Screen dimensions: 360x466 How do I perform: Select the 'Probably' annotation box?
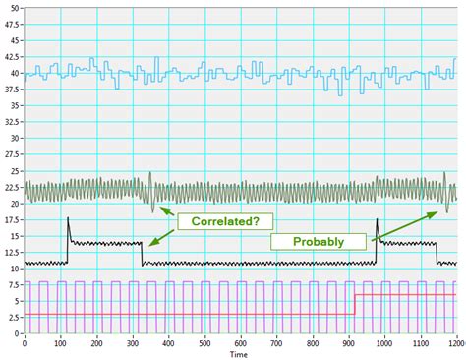[317, 240]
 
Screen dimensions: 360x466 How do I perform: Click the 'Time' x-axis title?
[239, 353]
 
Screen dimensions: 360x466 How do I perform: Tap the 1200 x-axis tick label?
[455, 341]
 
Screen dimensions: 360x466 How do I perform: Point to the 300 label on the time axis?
[133, 341]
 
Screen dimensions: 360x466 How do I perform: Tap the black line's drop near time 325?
[142, 253]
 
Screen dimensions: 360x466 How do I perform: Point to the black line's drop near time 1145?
[437, 253]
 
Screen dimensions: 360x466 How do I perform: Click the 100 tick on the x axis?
[61, 341]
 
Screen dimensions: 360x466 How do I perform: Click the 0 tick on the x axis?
[25, 341]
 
